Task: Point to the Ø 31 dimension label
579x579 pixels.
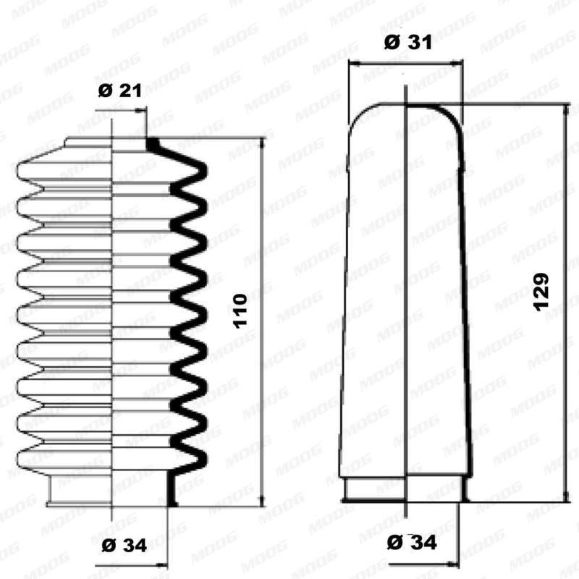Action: (407, 42)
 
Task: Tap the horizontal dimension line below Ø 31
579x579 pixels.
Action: (405, 63)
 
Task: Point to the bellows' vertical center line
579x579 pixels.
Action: (113, 326)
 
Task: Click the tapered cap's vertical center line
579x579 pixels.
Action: (407, 289)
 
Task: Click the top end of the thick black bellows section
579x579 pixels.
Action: (153, 144)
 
